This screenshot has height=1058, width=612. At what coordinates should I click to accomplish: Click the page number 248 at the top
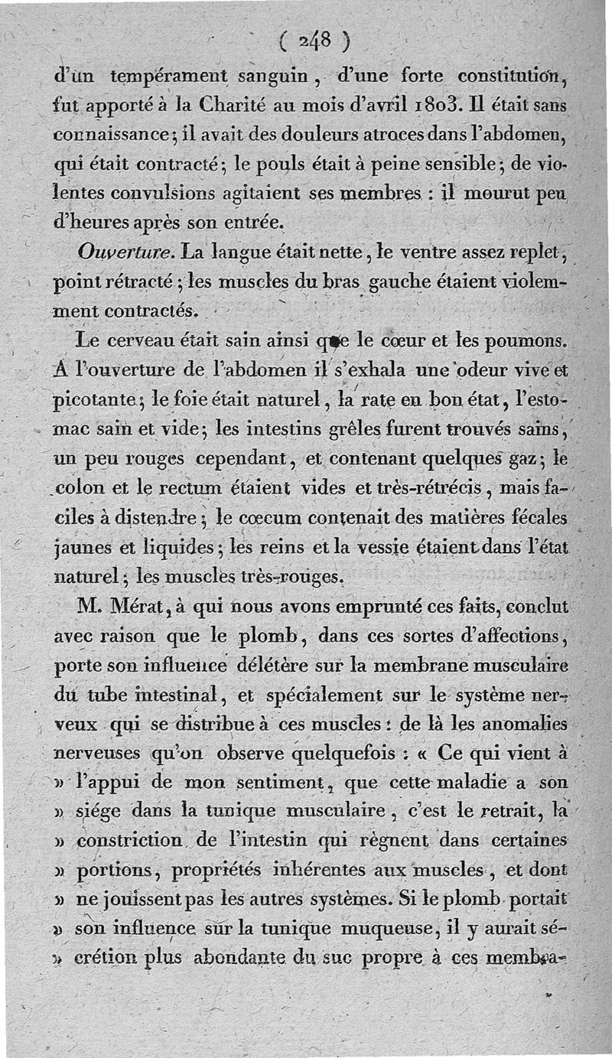[314, 41]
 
